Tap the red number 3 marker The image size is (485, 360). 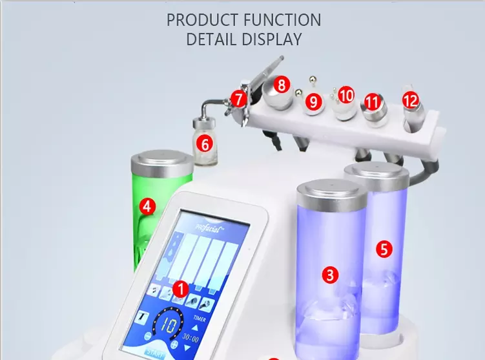(x=330, y=275)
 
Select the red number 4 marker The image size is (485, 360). (x=147, y=207)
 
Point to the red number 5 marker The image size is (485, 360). (x=384, y=249)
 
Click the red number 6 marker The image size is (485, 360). (x=204, y=144)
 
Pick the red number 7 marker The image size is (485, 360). (x=239, y=100)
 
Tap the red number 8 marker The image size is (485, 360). (x=280, y=84)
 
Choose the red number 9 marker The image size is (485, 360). (x=314, y=101)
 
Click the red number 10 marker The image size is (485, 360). (x=346, y=96)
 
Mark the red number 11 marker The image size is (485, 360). (x=371, y=102)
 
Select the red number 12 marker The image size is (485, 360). (x=410, y=100)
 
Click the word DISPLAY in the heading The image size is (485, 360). (x=272, y=39)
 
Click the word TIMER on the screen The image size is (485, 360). (x=201, y=319)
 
